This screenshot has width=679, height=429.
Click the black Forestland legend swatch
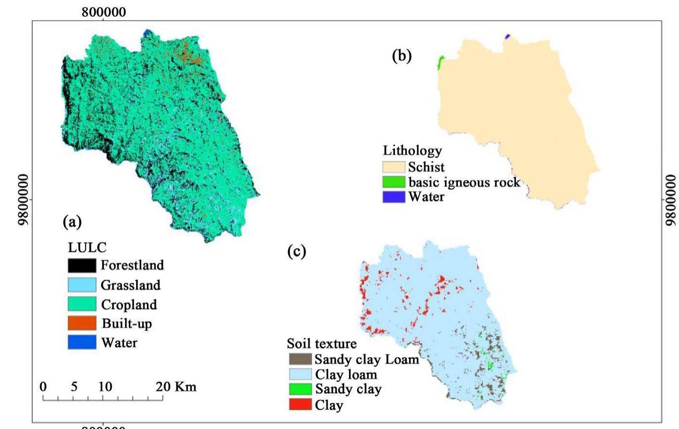[82, 265]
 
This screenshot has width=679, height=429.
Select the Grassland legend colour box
[82, 285]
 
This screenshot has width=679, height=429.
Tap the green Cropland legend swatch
[82, 304]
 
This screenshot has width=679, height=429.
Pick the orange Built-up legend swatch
[82, 323]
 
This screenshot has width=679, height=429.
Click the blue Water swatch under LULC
[82, 342]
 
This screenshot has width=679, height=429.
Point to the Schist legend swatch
[393, 167]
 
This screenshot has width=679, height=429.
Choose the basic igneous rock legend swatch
[393, 182]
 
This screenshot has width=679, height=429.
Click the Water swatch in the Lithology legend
[393, 197]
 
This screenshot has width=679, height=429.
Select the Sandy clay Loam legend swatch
[300, 359]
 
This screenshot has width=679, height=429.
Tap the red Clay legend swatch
[300, 405]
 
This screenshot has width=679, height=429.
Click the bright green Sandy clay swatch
[300, 389]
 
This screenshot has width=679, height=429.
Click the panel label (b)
[402, 56]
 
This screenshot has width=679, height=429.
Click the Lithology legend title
[412, 150]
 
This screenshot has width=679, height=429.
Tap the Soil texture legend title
[322, 344]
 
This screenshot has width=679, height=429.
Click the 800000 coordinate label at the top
[103, 13]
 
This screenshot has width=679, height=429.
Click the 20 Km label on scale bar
[176, 387]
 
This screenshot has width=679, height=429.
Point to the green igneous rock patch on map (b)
[441, 63]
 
